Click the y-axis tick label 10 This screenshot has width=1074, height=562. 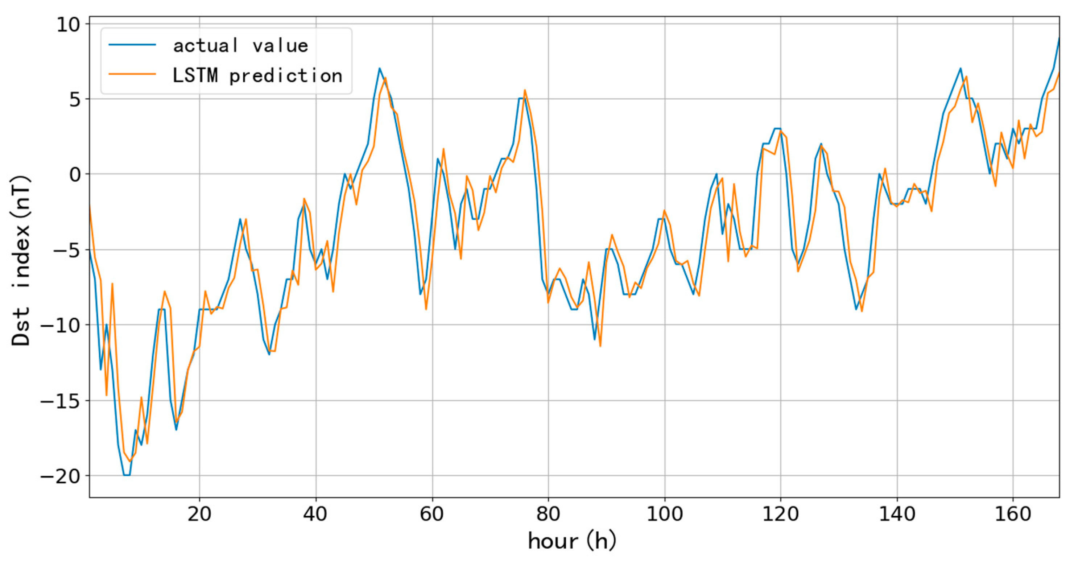click(68, 25)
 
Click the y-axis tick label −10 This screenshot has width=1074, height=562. click(59, 325)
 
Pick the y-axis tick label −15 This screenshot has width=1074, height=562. click(59, 401)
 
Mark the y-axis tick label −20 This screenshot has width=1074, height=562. click(59, 476)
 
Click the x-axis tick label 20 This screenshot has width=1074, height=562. click(199, 514)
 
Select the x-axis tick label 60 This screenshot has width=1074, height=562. click(432, 514)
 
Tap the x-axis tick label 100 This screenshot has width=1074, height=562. click(664, 514)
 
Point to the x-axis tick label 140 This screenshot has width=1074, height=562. click(897, 514)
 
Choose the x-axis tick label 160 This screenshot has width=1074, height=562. click(1013, 514)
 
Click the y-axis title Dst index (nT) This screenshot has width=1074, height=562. click(21, 261)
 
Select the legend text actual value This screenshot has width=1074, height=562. click(240, 45)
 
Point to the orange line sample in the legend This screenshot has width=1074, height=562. click(133, 74)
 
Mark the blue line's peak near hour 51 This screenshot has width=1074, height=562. click(379, 69)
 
